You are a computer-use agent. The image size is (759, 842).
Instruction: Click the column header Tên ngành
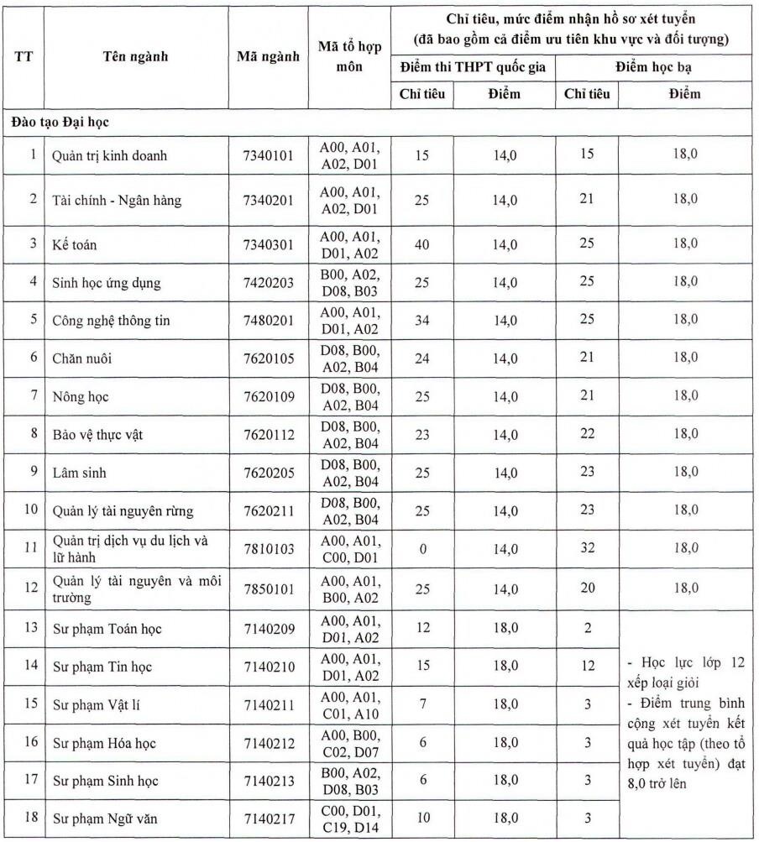point(135,57)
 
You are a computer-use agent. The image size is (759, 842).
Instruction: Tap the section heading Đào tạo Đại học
point(60,122)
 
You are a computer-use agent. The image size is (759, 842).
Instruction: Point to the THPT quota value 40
point(422,243)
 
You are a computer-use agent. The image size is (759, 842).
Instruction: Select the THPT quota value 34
point(422,320)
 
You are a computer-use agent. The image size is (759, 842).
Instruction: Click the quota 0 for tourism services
point(422,549)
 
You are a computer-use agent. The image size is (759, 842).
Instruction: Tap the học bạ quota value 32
point(587,549)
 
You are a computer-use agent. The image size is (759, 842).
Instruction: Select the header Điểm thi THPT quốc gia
point(473,67)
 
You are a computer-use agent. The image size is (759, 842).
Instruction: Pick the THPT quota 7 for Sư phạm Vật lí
point(422,704)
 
